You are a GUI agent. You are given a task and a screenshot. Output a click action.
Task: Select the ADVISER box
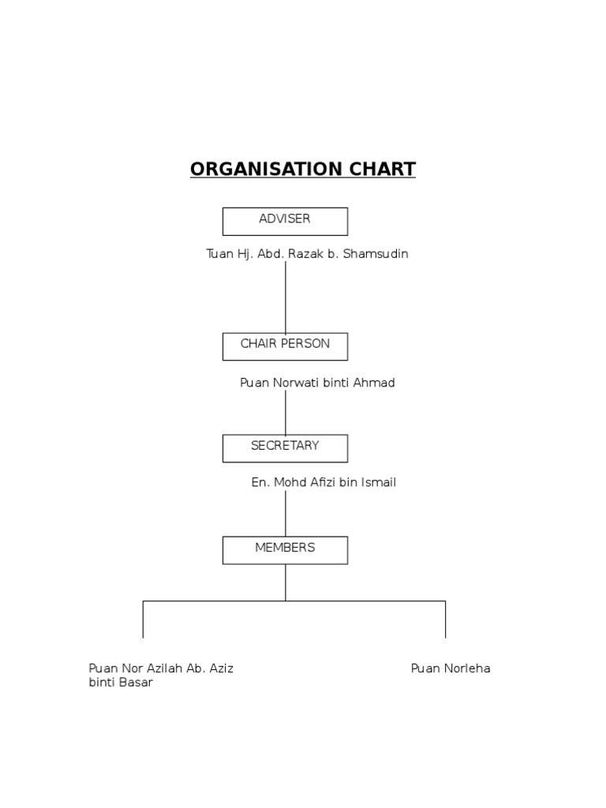tap(285, 221)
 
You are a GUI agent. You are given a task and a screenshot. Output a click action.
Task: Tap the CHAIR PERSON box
tap(285, 346)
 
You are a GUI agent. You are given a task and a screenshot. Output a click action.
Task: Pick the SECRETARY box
tap(285, 447)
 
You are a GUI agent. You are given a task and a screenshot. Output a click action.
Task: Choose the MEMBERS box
tap(285, 549)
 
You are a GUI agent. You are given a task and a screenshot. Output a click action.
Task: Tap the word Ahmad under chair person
tap(376, 383)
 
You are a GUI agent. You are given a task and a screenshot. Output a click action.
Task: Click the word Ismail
tap(378, 482)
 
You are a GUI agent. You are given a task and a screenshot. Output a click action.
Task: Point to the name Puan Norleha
tap(451, 668)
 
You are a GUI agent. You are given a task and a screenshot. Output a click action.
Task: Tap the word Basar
tap(136, 683)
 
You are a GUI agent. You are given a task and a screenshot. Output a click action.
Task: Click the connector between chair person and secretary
tap(286, 412)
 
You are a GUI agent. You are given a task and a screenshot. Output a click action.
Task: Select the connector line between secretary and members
tap(286, 513)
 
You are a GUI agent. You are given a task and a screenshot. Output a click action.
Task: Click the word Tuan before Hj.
tap(219, 254)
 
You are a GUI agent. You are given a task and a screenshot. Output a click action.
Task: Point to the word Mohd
tap(289, 482)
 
